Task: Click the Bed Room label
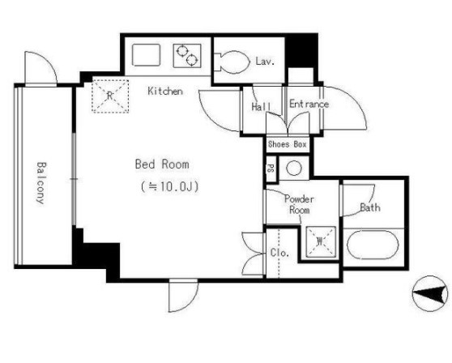click(x=162, y=164)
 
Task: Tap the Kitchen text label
click(x=165, y=91)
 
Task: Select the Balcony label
click(x=41, y=183)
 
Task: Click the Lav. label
click(x=265, y=61)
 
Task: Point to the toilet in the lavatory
click(x=232, y=62)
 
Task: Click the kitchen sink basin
click(x=146, y=55)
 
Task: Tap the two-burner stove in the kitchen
click(x=187, y=56)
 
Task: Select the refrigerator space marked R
click(x=110, y=96)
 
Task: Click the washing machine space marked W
click(x=321, y=241)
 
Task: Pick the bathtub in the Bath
click(x=373, y=245)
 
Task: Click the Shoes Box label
click(x=287, y=144)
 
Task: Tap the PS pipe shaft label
click(x=271, y=169)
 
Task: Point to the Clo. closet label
click(x=279, y=253)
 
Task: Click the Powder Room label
click(x=299, y=204)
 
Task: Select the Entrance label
click(x=309, y=104)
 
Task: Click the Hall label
click(x=261, y=106)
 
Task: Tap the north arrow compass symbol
click(x=430, y=293)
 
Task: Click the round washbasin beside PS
click(x=294, y=168)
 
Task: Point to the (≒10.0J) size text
click(x=170, y=186)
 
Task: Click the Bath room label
click(x=370, y=207)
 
